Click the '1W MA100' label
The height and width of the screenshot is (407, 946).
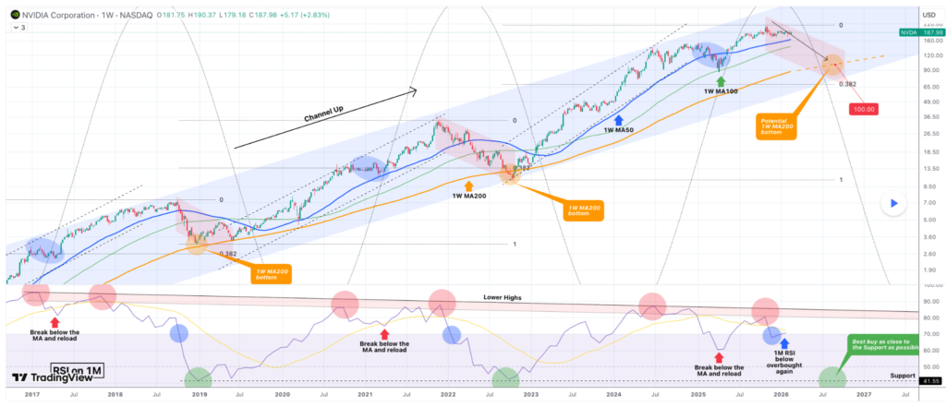721,92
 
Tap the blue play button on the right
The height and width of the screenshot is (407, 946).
893,203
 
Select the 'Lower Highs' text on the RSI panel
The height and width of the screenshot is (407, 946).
503,298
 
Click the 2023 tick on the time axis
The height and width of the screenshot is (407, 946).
530,394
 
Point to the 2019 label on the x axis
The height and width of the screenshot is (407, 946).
198,394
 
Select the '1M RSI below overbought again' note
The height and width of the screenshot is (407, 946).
785,361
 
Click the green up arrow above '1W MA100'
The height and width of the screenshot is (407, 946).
721,81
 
